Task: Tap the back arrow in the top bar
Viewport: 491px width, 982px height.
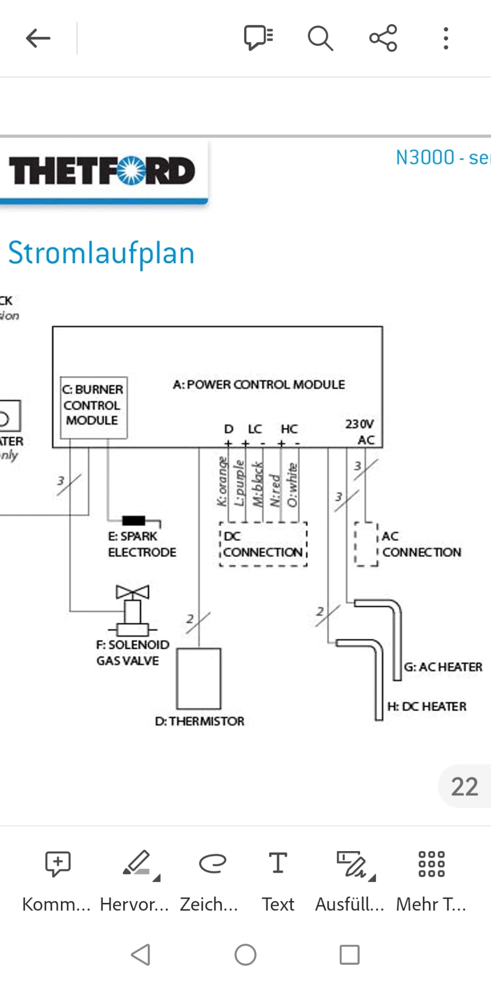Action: [x=38, y=38]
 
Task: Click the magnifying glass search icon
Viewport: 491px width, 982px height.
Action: [x=320, y=38]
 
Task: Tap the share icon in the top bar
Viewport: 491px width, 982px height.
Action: [x=383, y=38]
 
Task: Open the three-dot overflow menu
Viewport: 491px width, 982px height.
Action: [x=446, y=38]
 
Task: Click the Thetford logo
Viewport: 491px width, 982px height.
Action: [x=102, y=171]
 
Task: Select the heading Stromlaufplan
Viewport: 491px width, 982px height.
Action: [x=101, y=253]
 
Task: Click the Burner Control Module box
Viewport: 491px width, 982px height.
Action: [x=94, y=407]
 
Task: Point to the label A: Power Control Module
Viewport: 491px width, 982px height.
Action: [x=259, y=385]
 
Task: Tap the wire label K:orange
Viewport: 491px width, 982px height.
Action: [x=222, y=481]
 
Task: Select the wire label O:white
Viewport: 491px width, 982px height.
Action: [x=292, y=484]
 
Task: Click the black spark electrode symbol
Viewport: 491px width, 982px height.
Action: [x=134, y=520]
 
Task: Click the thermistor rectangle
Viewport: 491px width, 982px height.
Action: [x=199, y=678]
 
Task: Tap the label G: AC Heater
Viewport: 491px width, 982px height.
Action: [x=443, y=667]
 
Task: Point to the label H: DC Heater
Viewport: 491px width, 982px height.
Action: [x=427, y=706]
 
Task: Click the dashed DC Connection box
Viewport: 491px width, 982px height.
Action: [x=263, y=545]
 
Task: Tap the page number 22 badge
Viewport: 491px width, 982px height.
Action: [x=464, y=786]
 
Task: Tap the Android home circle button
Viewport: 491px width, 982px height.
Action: [x=245, y=954]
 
